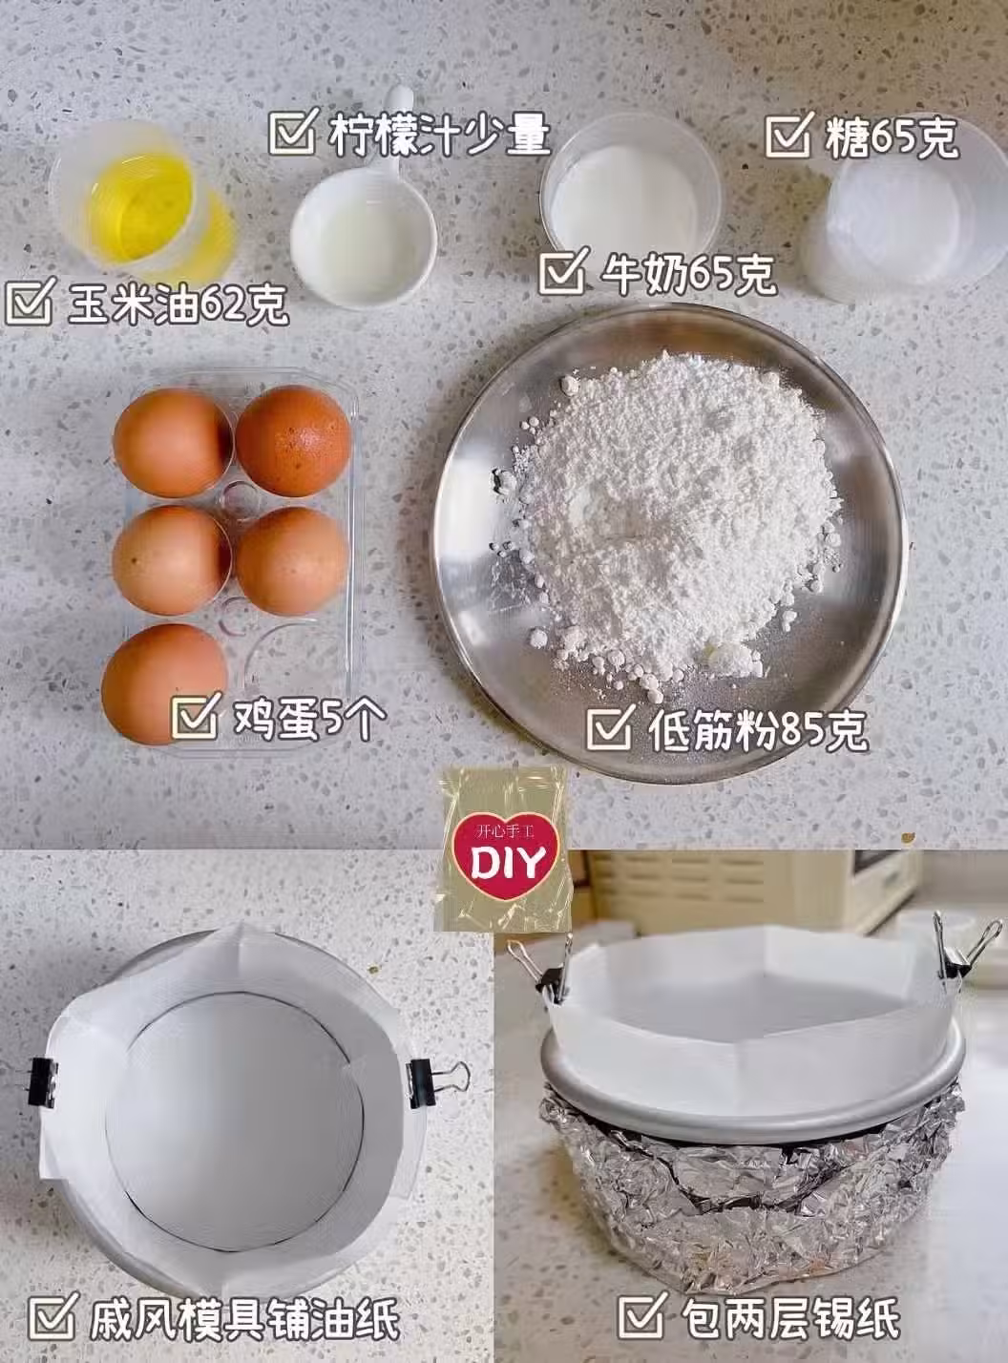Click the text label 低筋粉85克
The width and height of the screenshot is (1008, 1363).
(757, 731)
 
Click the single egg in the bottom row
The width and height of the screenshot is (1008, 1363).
(165, 683)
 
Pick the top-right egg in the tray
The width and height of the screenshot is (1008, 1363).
(293, 441)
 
